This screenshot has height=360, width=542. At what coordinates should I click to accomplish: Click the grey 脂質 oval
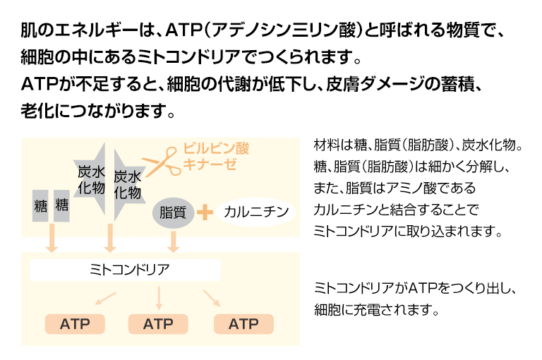point(172,211)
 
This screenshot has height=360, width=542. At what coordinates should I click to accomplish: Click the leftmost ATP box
point(75,324)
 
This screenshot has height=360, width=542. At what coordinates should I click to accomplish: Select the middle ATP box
point(158,324)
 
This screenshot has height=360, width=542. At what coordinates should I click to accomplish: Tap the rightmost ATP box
point(243,324)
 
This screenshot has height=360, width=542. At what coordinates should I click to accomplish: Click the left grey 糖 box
point(40,206)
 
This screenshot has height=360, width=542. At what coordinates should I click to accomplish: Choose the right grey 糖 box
point(62,206)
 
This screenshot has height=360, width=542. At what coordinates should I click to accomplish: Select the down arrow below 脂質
point(173,241)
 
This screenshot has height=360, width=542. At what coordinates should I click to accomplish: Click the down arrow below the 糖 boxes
point(51,241)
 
